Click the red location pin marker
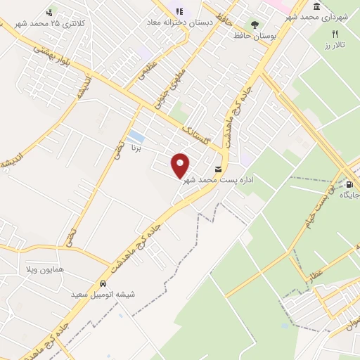click(181, 165)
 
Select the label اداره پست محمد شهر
click(218, 181)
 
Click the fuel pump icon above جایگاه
click(350, 185)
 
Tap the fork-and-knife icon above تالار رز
click(335, 34)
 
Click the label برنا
click(138, 149)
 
